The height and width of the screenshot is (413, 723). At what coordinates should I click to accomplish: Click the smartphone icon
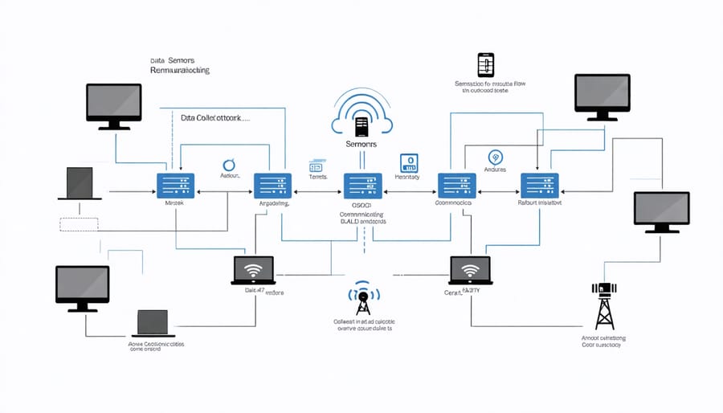484,65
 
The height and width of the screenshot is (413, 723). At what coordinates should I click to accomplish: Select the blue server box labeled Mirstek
174,185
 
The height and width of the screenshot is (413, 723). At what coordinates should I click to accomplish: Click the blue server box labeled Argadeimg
272,185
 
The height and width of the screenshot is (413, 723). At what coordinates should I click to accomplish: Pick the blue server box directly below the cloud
362,185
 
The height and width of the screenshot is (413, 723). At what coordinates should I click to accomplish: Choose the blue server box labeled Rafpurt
539,185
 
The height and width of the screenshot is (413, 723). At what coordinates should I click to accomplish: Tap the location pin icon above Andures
494,157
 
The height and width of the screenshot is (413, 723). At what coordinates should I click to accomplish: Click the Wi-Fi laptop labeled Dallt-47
252,270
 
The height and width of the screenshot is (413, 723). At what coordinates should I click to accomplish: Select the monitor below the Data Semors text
113,104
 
